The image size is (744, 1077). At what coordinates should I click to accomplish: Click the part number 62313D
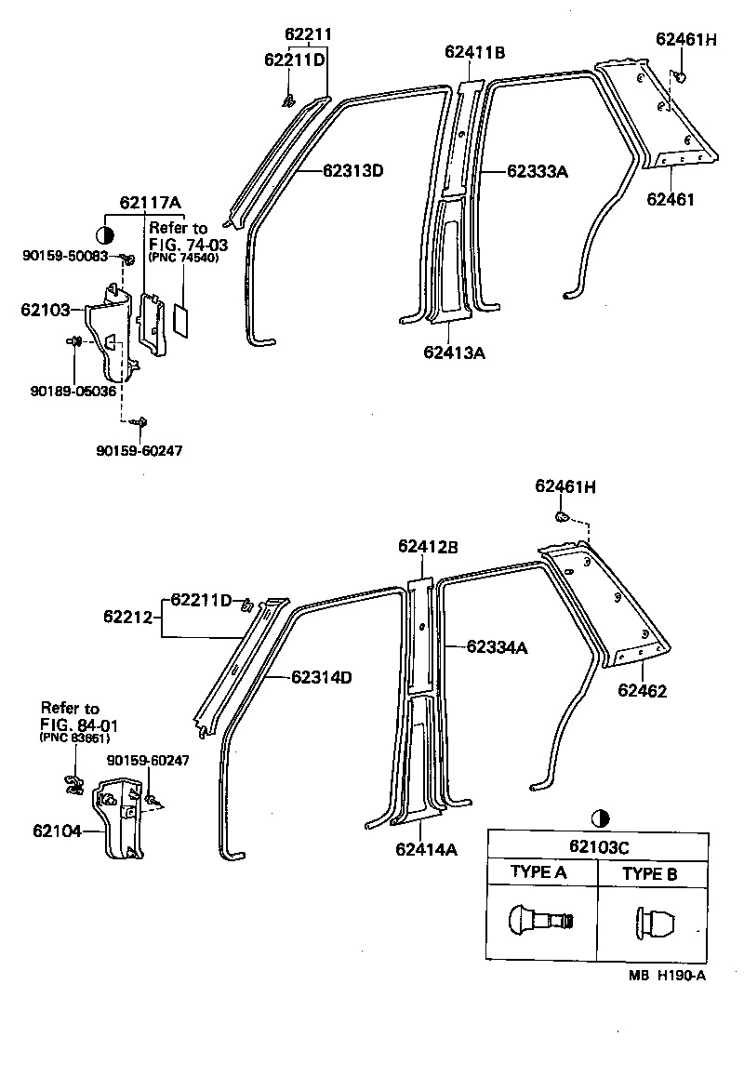coord(353,170)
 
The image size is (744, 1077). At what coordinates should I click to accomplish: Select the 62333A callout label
coord(538,171)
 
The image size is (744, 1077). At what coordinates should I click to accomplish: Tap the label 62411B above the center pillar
coord(474,53)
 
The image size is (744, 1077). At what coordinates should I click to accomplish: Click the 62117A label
coord(150,204)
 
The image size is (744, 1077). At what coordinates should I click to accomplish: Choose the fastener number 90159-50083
coord(65,256)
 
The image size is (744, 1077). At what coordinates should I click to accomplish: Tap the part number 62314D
coord(321,677)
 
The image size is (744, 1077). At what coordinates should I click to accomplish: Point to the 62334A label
coord(497,646)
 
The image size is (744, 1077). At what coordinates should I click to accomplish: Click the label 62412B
coord(428,547)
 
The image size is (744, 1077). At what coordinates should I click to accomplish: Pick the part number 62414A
coord(426,848)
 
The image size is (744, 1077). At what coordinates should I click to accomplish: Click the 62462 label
coord(643,691)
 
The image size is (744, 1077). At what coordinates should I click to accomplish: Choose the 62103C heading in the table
coord(599,847)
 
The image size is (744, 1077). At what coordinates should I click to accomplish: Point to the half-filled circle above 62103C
coord(600,819)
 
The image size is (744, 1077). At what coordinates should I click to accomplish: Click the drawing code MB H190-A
coord(667,975)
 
